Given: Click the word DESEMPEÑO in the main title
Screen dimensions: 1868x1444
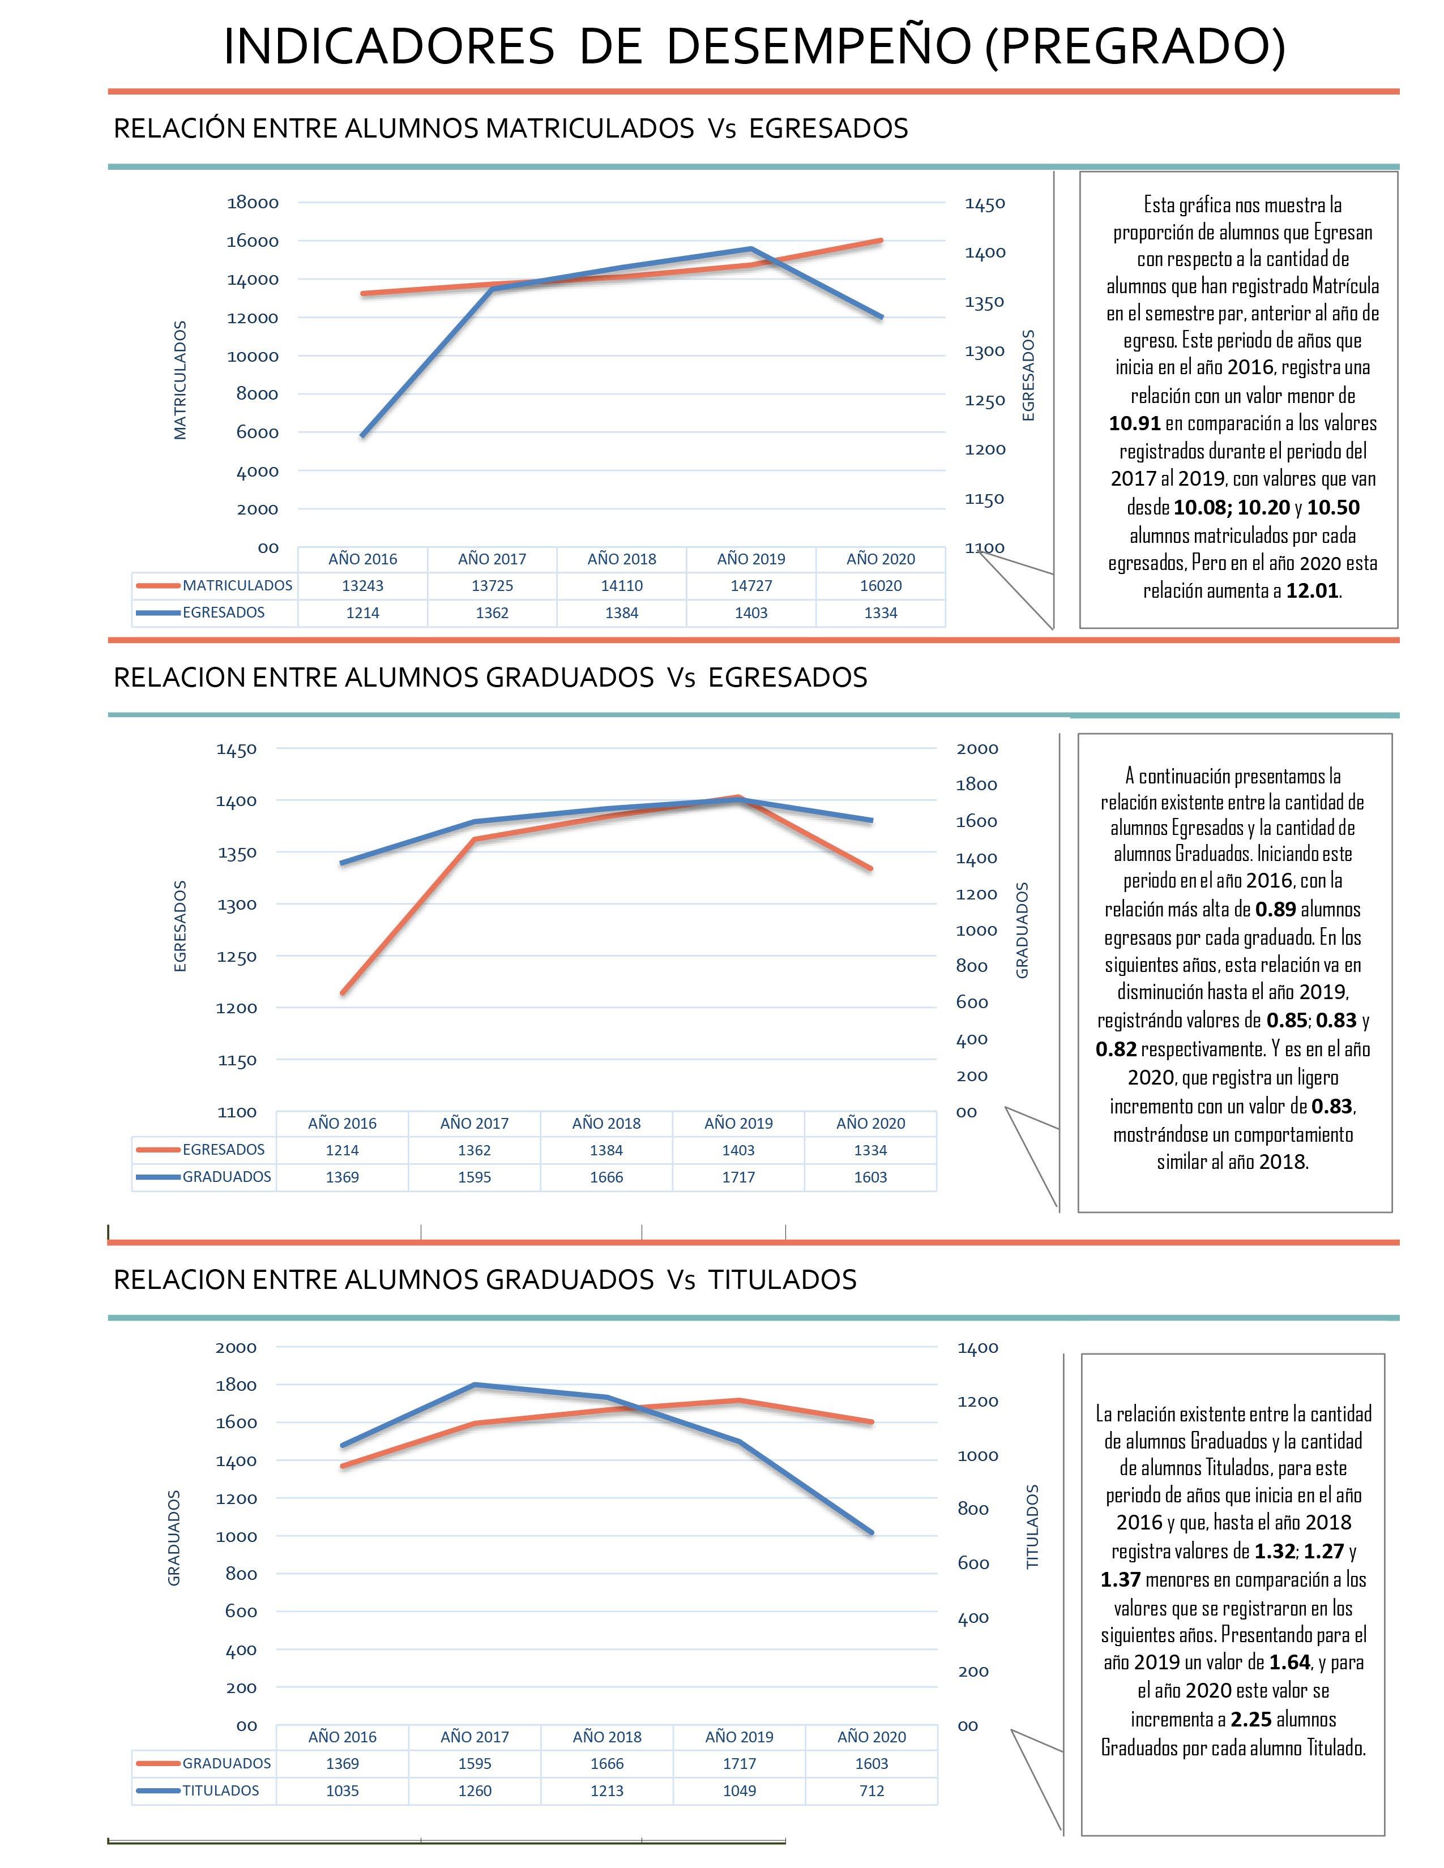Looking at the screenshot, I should [x=818, y=47].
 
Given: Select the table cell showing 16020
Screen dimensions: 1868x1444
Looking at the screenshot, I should [x=880, y=586].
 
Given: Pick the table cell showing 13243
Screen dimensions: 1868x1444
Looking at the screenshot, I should [x=363, y=586].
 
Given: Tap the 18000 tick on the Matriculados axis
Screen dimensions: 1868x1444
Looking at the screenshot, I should [x=253, y=203].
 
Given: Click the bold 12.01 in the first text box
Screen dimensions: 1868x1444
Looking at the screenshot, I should [x=1312, y=591].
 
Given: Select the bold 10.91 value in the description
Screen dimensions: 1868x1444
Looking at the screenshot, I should [x=1134, y=423].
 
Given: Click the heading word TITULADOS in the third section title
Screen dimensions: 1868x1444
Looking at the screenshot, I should [x=782, y=1279].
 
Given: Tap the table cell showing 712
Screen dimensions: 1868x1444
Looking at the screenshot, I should [x=871, y=1791].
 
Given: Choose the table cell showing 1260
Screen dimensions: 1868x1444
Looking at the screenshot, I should [x=475, y=1791].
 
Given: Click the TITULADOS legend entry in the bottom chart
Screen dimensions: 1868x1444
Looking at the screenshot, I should [x=220, y=1791].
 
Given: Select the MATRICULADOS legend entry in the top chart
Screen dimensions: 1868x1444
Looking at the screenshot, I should [x=236, y=586].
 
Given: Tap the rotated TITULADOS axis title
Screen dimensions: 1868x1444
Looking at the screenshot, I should [x=1032, y=1527].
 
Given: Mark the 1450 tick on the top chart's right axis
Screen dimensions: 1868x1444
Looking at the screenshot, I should [x=985, y=204].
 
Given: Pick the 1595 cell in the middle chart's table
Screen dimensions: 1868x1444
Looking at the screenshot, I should [x=474, y=1178].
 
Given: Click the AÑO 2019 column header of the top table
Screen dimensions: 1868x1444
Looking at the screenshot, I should [x=751, y=559].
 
